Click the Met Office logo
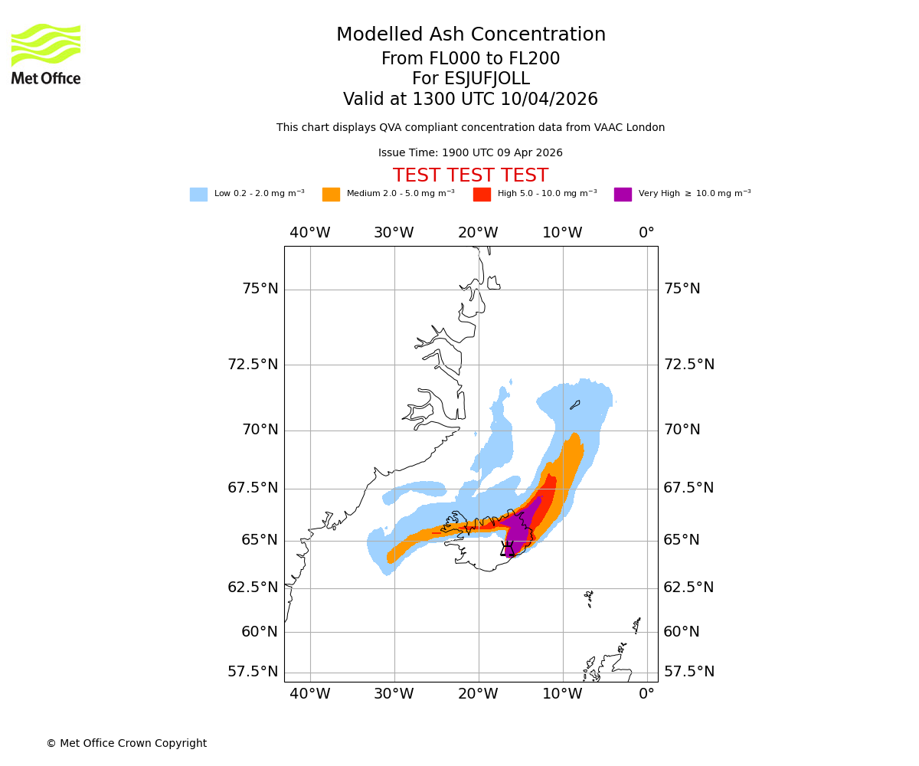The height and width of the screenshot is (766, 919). coord(46,54)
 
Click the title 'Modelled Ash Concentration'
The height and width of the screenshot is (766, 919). coord(470,35)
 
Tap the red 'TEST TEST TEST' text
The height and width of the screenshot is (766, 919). coord(470,176)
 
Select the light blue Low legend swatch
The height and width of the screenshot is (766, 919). coord(198,195)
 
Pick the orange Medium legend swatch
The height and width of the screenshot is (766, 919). coord(331,195)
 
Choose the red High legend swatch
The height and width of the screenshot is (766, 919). coord(482,195)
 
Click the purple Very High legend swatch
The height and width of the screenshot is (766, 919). coord(623,195)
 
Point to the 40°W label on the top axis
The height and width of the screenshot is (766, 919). coord(310,233)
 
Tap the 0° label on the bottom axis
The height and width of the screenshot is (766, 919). coord(647,694)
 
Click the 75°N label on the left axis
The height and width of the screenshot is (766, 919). coord(260,289)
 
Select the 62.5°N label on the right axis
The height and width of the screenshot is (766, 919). coord(688,588)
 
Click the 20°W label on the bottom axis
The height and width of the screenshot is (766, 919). coord(479,694)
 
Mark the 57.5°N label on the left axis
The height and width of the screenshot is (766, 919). coord(253,672)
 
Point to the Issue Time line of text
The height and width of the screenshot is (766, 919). coord(470,153)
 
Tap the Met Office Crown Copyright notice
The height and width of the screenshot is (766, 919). coord(126,743)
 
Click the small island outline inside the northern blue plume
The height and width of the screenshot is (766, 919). coord(575,404)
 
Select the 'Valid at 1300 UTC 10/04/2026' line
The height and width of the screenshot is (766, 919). coord(470,100)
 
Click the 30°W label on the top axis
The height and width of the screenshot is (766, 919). coord(394,233)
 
